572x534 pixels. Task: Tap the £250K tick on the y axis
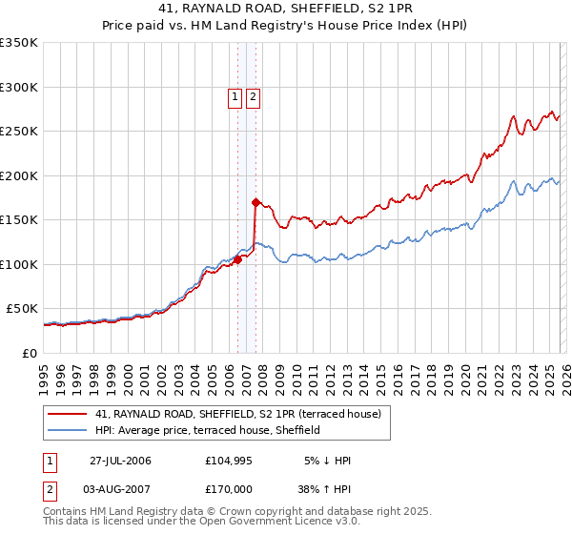coord(19,131)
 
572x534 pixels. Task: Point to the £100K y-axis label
coord(19,264)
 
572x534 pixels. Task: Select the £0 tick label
coord(28,353)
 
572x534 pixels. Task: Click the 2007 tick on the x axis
coord(245,377)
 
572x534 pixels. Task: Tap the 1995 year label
coord(44,377)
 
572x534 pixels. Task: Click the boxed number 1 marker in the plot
coord(235,95)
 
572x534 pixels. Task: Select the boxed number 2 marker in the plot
coord(253,95)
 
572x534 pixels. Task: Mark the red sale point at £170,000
coord(255,202)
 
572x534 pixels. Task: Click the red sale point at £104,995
coord(238,260)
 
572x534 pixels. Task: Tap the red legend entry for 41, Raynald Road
coord(238,414)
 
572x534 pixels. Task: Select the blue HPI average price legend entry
coord(207,430)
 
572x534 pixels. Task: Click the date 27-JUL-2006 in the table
coord(120,461)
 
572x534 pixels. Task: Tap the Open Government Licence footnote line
coord(202,522)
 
